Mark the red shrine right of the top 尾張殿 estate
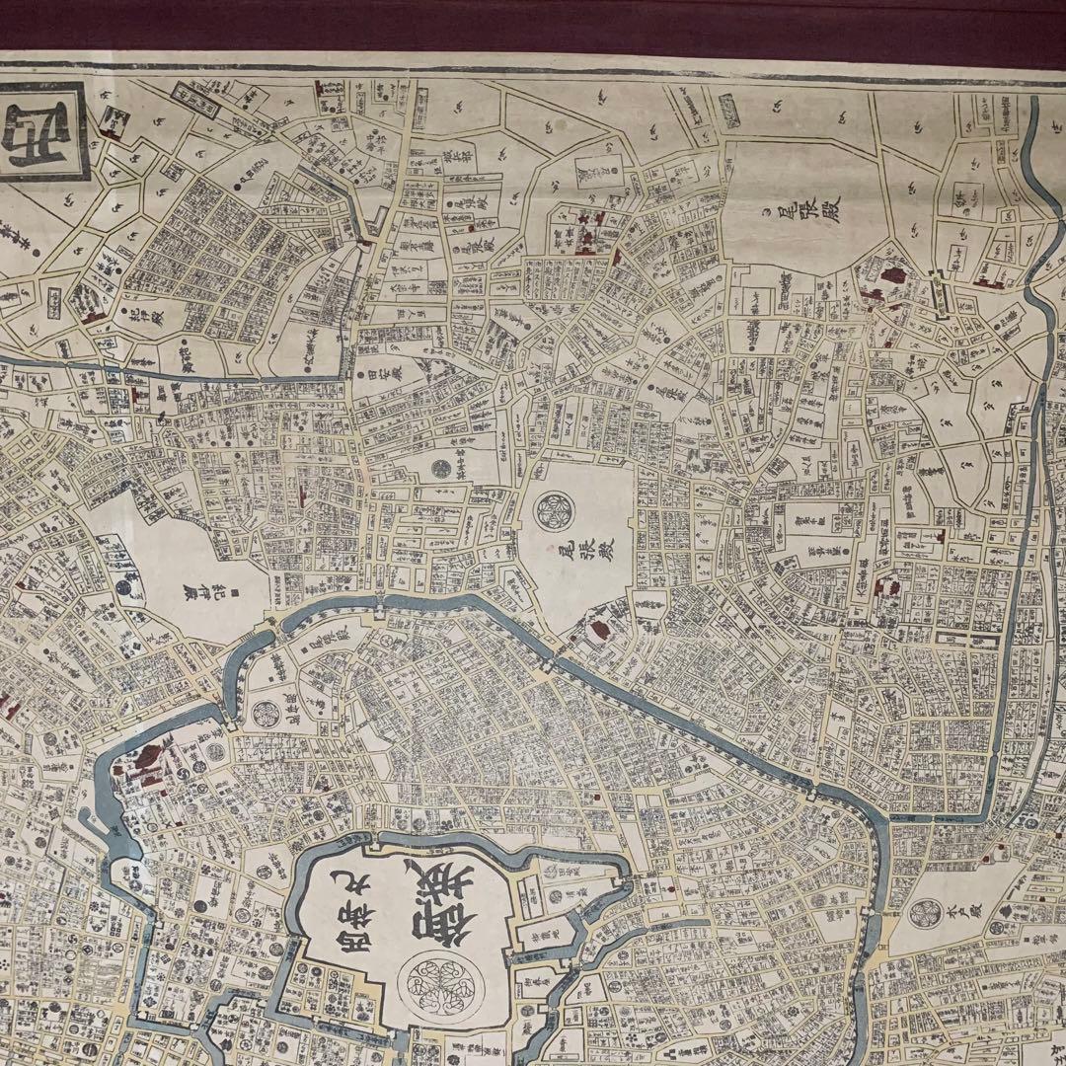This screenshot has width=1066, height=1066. click(893, 278)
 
